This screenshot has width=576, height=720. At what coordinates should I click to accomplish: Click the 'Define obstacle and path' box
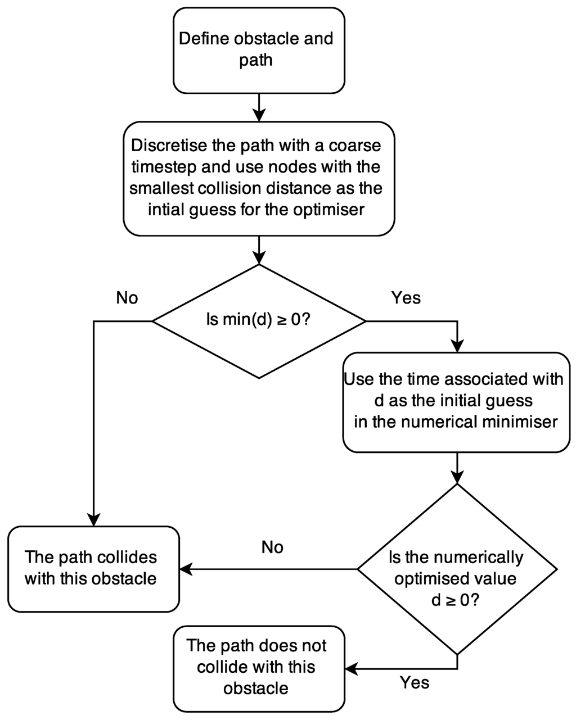click(x=258, y=49)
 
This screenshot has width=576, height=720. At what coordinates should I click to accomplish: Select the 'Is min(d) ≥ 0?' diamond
click(x=259, y=321)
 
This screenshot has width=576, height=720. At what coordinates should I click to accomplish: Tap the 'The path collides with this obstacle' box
click(x=93, y=568)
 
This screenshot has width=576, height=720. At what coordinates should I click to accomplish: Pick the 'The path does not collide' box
click(x=258, y=667)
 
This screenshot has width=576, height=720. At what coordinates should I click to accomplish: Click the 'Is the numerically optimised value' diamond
click(x=457, y=569)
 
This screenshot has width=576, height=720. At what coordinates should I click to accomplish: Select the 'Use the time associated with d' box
click(x=457, y=401)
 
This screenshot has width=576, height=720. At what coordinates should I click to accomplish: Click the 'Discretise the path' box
click(x=258, y=178)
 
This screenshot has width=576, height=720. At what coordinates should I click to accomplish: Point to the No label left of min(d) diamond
click(x=127, y=298)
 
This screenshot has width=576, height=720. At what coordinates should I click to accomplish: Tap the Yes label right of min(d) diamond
click(x=406, y=298)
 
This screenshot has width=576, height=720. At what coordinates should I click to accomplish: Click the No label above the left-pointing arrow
click(x=272, y=547)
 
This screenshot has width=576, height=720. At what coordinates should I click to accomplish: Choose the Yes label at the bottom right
click(x=415, y=683)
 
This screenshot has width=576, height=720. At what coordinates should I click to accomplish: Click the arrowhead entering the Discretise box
click(x=258, y=114)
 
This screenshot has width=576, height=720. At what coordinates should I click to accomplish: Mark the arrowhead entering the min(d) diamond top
click(x=258, y=258)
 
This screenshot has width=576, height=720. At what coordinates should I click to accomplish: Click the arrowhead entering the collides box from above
click(x=93, y=519)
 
